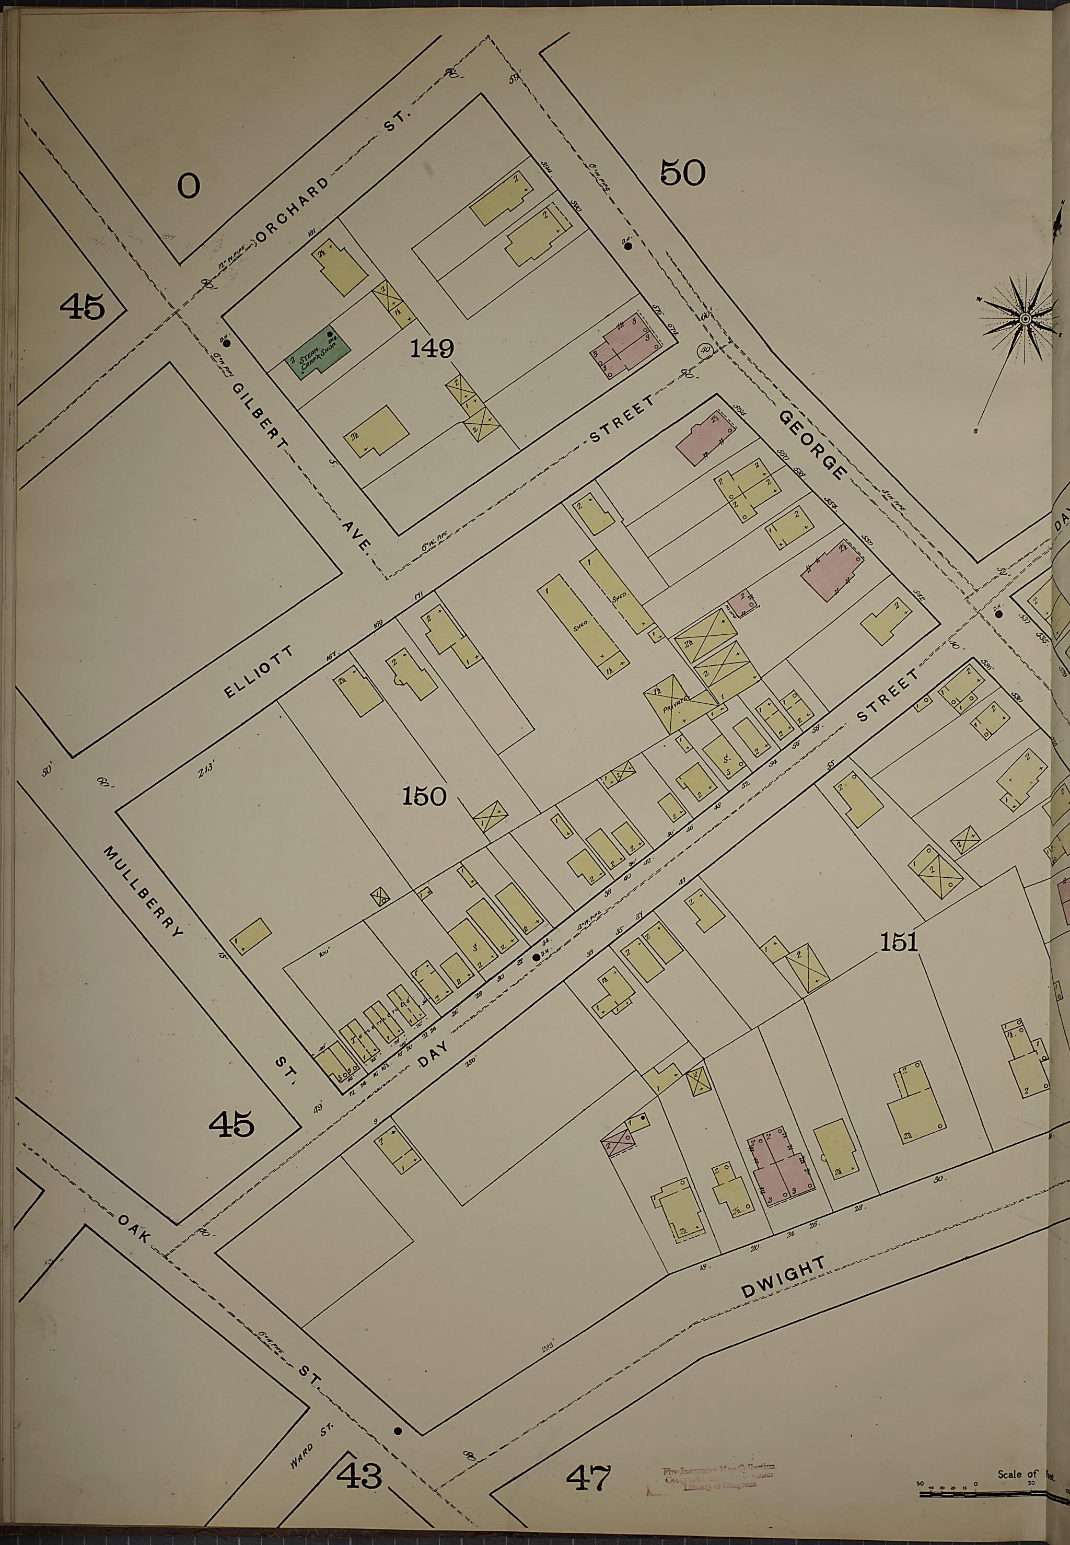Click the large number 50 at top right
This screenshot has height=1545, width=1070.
[682, 173]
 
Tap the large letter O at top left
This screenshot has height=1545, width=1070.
[189, 185]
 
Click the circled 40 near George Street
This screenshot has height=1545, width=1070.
[704, 349]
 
